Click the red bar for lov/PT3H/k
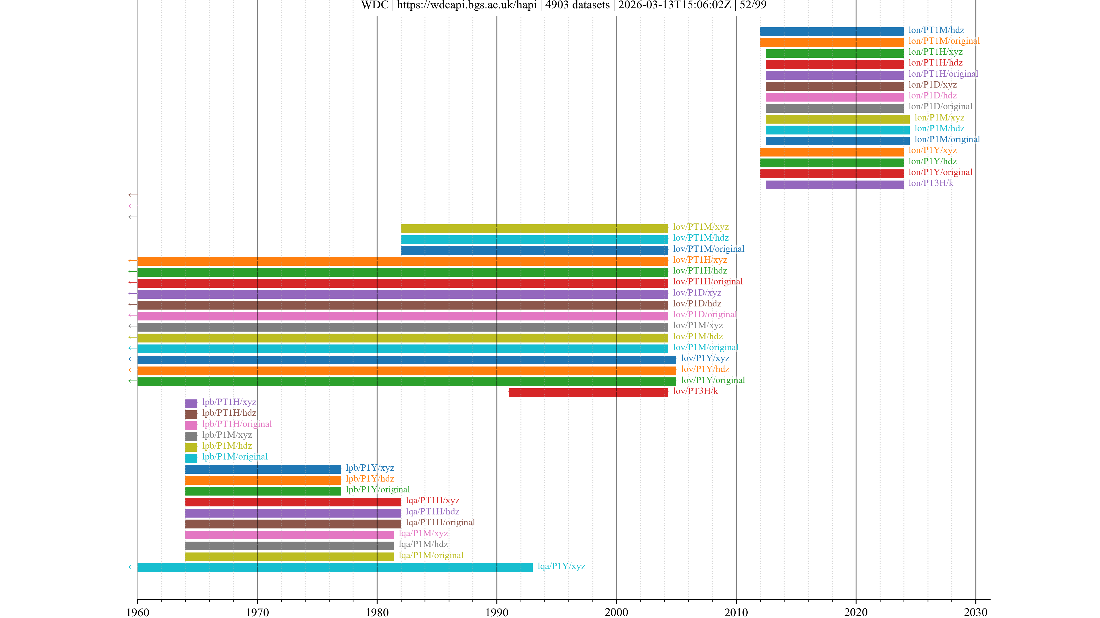588,392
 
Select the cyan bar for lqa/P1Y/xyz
335,567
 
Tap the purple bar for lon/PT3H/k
834,185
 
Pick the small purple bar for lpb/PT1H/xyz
191,403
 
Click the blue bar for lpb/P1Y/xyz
263,469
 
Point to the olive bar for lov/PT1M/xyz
534,229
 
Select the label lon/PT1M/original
944,41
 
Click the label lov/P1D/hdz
697,304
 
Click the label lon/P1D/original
940,107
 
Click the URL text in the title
467,5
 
